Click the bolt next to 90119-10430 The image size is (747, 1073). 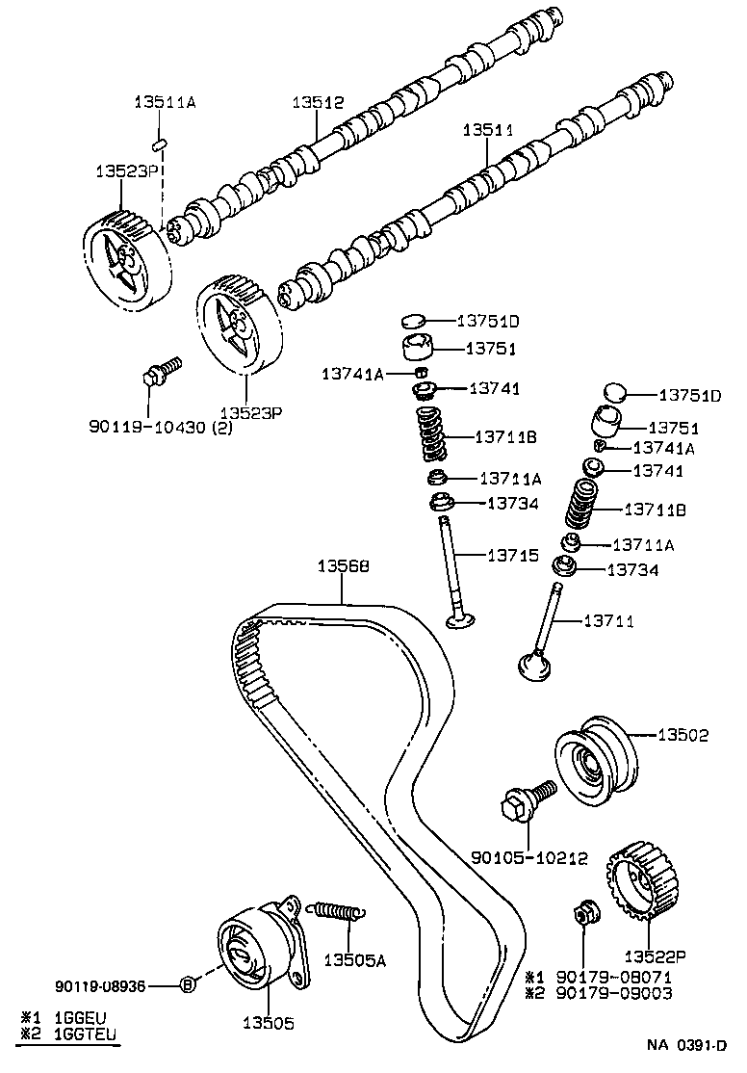[x=160, y=372]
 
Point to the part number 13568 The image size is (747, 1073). [x=343, y=567]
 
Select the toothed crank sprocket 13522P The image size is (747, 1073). [x=637, y=883]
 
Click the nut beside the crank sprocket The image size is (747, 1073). [x=582, y=911]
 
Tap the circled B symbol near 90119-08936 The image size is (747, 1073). [x=189, y=983]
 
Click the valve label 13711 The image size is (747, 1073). [x=608, y=620]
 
